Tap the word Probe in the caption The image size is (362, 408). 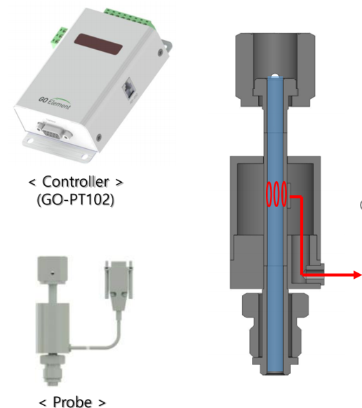pos(72,402)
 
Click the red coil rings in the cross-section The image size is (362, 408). pos(277,195)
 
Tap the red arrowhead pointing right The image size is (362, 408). pos(357,275)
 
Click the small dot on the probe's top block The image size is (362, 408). pos(53,266)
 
